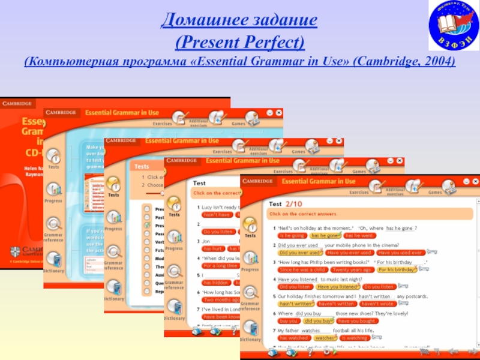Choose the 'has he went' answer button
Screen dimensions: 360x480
coord(359,236)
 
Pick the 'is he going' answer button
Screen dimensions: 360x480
coord(292,236)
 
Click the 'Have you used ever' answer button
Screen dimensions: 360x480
coord(400,253)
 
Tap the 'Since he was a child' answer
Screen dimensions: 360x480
coord(301,270)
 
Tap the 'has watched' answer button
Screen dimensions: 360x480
coord(293,338)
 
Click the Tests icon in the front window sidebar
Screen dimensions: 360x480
coord(250,226)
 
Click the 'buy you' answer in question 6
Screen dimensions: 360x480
coord(289,321)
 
